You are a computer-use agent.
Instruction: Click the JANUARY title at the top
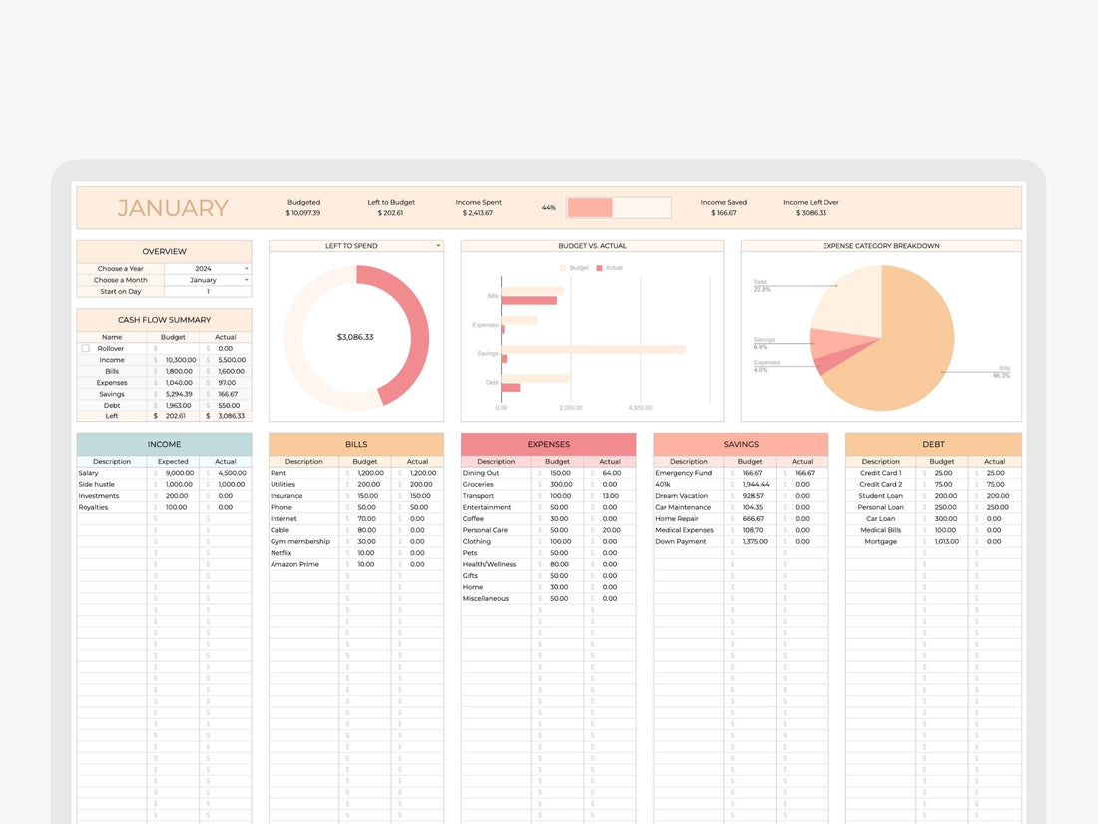click(173, 208)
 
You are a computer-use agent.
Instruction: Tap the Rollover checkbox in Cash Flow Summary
click(86, 349)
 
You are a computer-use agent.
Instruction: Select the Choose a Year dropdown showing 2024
click(208, 269)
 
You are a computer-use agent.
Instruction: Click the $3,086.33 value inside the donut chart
click(355, 337)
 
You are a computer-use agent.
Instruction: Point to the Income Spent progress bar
click(619, 207)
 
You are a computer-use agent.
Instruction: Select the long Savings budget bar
click(593, 350)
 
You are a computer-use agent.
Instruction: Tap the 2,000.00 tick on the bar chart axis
click(570, 408)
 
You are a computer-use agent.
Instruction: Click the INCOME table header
click(164, 444)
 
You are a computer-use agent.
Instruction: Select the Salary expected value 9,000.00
click(180, 473)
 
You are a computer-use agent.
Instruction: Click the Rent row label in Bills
click(278, 473)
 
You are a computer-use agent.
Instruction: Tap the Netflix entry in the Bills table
click(281, 553)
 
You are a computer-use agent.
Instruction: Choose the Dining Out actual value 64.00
click(611, 473)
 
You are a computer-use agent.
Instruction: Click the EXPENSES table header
click(548, 444)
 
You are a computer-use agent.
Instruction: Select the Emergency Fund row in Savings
click(684, 473)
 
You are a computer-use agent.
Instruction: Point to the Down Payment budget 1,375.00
click(755, 542)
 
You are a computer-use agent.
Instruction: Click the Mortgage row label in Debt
click(880, 542)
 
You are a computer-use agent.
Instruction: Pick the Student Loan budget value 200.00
click(946, 496)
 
